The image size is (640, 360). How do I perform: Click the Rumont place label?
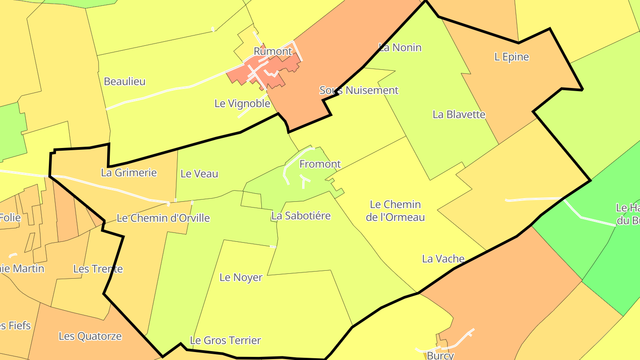272,51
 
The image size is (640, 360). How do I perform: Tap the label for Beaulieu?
124,81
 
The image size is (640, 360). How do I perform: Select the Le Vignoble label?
242,104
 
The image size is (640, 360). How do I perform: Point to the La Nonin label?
400,47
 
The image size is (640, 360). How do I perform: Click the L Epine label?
512,57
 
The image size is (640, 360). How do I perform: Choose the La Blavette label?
459,114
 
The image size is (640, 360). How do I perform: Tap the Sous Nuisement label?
359,90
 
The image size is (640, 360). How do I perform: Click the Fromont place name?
320,164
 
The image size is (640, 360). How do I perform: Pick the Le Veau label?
199,174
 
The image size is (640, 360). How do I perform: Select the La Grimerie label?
129,172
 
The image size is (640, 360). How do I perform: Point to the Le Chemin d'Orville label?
163,218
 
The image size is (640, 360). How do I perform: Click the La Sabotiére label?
301,216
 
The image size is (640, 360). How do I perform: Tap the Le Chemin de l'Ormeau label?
395,211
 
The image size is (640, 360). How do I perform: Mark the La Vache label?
443,259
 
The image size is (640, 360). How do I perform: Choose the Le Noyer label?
241,277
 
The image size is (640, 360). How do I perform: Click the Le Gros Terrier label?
225,340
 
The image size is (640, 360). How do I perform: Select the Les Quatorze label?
90,336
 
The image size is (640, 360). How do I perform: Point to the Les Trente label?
98,269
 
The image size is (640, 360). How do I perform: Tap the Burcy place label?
440,356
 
